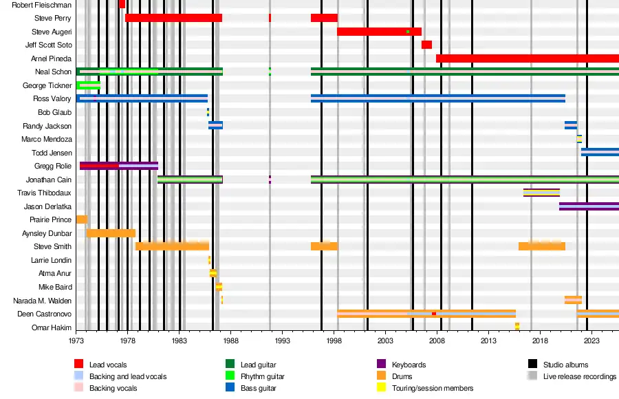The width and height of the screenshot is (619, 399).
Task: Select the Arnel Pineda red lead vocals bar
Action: coord(527,58)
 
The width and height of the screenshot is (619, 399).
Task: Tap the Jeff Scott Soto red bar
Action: coord(426,45)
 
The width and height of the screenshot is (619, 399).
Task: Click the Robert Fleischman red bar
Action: coord(122,4)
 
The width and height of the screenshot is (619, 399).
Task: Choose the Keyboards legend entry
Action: coord(409,365)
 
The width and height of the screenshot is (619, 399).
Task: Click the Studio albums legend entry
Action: coord(565,365)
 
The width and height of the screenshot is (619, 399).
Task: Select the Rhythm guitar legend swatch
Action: coord(230,376)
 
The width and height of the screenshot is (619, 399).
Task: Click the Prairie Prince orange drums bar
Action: coord(82,219)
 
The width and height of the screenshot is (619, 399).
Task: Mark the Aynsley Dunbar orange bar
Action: coord(111,233)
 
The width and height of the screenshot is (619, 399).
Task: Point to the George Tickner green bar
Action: coord(89,85)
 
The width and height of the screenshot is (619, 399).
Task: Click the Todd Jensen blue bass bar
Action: coord(600,152)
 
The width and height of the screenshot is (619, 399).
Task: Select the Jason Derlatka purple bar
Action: coord(589,206)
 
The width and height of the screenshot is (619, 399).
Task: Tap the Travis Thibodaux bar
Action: coord(541,193)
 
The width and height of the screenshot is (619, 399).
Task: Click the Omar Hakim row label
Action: coord(52,327)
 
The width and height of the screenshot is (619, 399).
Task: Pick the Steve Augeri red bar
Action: coord(379,32)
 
